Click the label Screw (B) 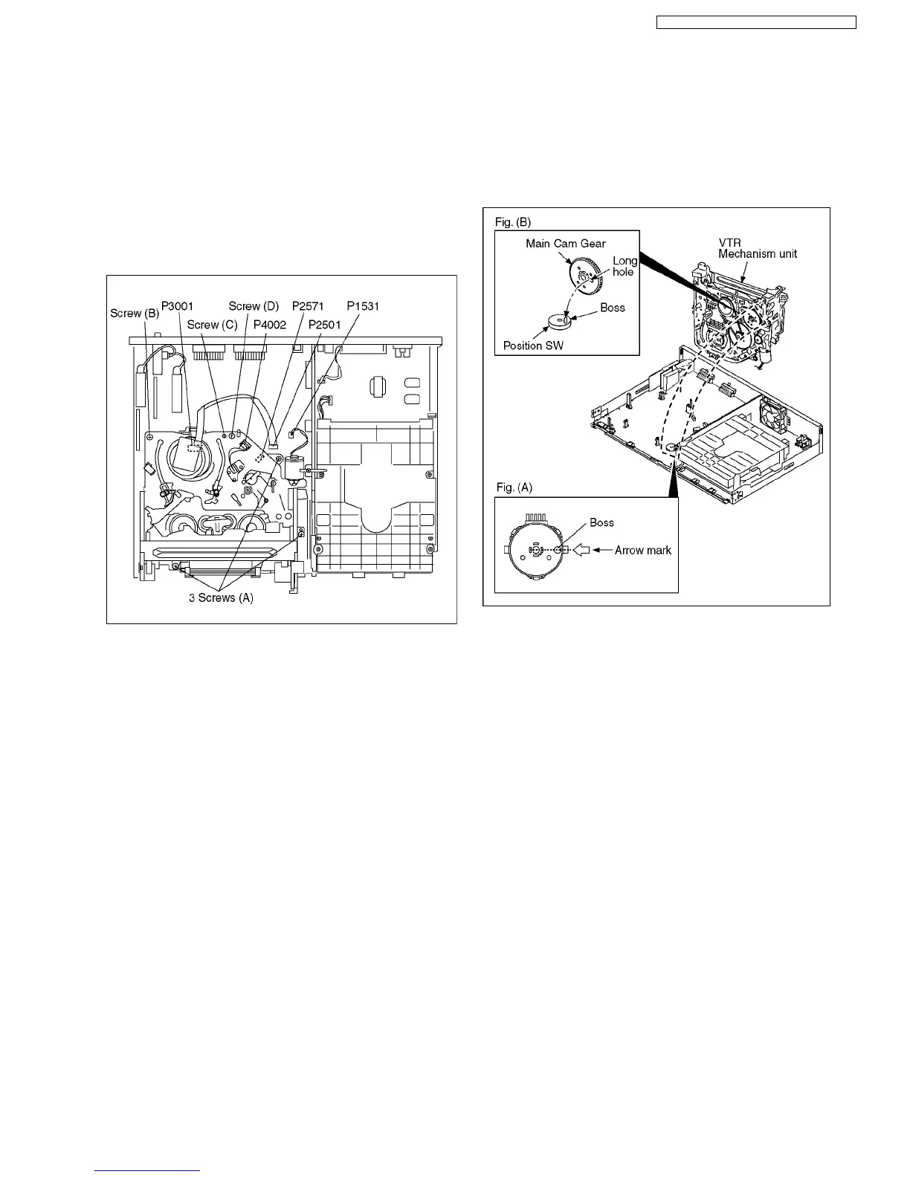coord(135,313)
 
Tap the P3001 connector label coord(178,306)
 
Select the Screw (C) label coord(212,325)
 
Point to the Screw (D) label coord(254,306)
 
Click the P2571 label coord(308,306)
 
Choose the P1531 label coord(363,306)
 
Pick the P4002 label coord(270,325)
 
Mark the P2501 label coord(325,325)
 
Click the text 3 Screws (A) coord(221,597)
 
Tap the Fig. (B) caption coord(513,222)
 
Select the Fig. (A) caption coord(514,487)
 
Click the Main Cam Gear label coord(566,243)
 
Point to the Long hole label coord(625,266)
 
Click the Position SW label coord(533,346)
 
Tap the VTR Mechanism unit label coord(757,248)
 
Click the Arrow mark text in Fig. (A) coord(643,551)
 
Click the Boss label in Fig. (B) coord(613,308)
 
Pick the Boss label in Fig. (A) coord(601,522)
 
